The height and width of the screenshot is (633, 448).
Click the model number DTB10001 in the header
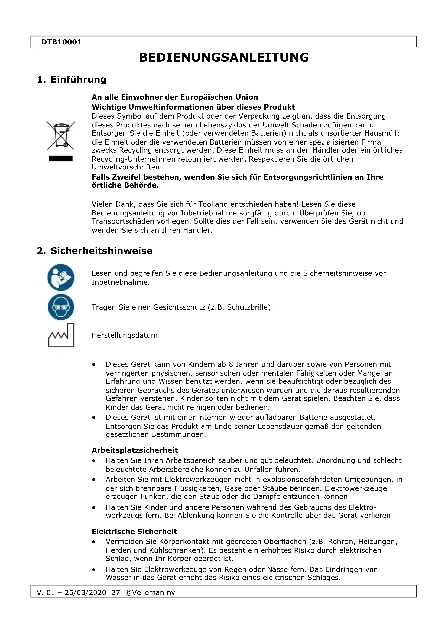[61, 42]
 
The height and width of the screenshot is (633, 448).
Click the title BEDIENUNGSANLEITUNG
[224, 58]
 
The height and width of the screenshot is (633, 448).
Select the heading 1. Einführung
[72, 80]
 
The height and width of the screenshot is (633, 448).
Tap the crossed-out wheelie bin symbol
[61, 135]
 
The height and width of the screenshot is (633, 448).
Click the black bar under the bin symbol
[61, 158]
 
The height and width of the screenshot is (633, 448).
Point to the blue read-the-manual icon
[61, 277]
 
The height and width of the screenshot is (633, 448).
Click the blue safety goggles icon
[61, 307]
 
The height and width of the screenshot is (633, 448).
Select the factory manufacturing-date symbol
[61, 335]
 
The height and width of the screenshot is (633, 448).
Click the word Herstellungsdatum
[124, 336]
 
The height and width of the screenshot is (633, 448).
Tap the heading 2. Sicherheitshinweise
[94, 251]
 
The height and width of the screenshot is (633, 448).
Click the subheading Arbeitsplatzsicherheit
[135, 451]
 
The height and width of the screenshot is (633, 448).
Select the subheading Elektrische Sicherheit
[134, 532]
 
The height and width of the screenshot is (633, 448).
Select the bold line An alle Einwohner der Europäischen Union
[175, 97]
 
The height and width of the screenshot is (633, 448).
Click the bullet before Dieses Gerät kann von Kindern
[94, 365]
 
